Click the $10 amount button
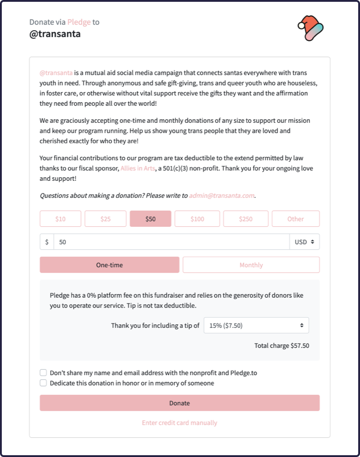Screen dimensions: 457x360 click(x=60, y=219)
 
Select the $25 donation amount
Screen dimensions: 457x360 click(x=105, y=219)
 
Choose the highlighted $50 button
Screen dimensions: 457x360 click(x=150, y=219)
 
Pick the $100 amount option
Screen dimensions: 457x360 click(x=197, y=219)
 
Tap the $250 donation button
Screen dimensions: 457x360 click(x=246, y=219)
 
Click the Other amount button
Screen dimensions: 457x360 click(x=296, y=219)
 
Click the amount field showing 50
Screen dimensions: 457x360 click(x=171, y=242)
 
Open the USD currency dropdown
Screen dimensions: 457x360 click(x=305, y=242)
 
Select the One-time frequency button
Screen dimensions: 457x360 click(x=109, y=265)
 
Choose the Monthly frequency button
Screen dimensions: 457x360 click(x=251, y=265)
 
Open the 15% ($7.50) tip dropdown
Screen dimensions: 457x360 click(x=256, y=325)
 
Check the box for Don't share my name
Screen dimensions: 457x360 click(x=43, y=373)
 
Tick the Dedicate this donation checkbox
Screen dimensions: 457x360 click(x=43, y=383)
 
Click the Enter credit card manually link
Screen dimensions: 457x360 click(x=180, y=423)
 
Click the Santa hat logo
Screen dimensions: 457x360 click(x=310, y=28)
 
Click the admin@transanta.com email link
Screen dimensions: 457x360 click(x=222, y=196)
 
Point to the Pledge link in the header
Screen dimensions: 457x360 click(x=79, y=22)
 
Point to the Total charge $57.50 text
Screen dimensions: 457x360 click(x=282, y=346)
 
